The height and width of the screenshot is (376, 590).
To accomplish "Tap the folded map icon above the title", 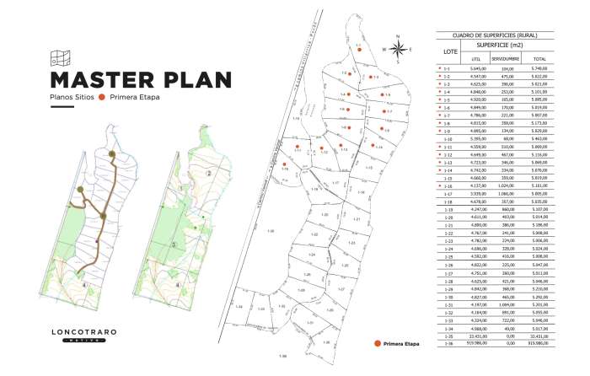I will point(59,57).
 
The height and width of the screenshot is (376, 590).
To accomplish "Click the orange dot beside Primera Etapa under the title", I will point(102,98).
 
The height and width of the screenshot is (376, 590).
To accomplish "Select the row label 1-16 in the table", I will point(448,186).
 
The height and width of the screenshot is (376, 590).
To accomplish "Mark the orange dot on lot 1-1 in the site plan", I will point(359,51).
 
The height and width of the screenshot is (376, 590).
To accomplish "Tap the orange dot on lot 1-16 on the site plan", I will point(285,164).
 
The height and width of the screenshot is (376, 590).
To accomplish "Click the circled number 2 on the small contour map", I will point(207,175).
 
